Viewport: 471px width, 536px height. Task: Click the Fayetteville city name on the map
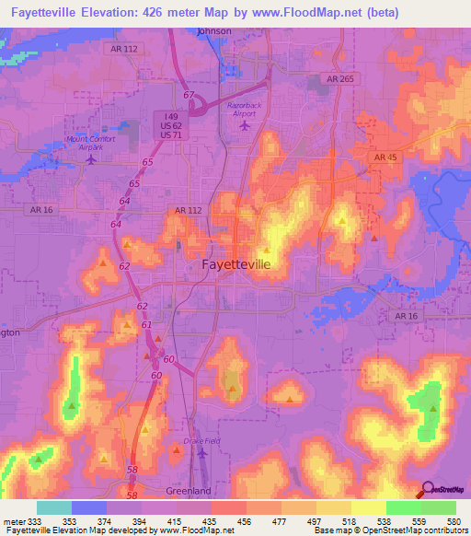[x=235, y=265]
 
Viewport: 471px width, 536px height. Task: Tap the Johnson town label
[x=215, y=30]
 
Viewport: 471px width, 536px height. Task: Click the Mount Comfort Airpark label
[x=91, y=143]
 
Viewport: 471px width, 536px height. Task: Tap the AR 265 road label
[x=339, y=80]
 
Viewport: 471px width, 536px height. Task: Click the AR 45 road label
[x=386, y=158]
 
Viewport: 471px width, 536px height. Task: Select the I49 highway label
[x=166, y=116]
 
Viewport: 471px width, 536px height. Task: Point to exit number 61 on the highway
[x=146, y=325]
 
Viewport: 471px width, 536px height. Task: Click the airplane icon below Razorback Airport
[x=244, y=126]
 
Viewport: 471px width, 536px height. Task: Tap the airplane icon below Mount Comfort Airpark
[x=91, y=159]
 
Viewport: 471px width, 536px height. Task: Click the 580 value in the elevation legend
[x=451, y=521]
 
